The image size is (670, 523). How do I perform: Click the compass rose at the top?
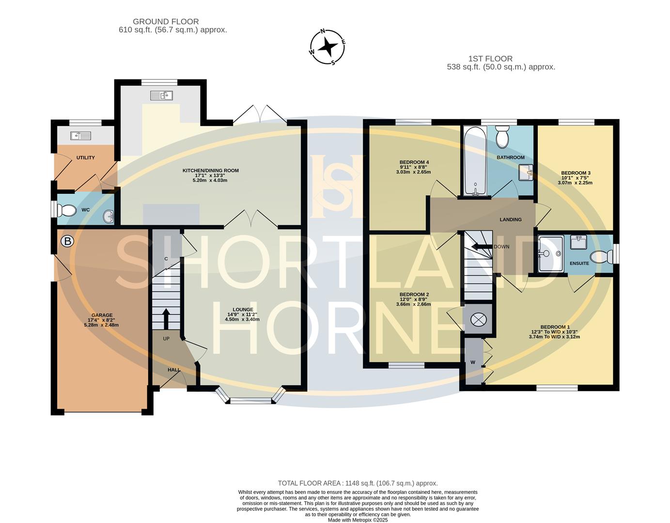328,47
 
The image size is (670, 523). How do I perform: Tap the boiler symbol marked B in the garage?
67,241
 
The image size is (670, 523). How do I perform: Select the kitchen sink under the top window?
161,95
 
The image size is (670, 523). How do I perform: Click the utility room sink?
80,136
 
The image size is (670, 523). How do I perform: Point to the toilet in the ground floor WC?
66,211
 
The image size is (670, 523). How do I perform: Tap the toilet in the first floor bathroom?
502,137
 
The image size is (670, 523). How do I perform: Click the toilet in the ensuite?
602,256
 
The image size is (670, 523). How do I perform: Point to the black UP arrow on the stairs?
166,318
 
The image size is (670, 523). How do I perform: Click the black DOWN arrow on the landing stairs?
482,246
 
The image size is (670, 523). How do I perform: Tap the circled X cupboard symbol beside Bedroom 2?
478,320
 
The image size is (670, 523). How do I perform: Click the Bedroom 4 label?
414,162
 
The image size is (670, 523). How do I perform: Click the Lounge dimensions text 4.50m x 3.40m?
243,320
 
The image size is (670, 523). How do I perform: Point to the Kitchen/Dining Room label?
210,170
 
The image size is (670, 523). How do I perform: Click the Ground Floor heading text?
166,21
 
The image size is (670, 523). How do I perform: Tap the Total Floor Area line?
358,483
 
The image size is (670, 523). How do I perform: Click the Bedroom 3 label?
576,173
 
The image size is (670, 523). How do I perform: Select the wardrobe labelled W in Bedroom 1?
473,362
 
